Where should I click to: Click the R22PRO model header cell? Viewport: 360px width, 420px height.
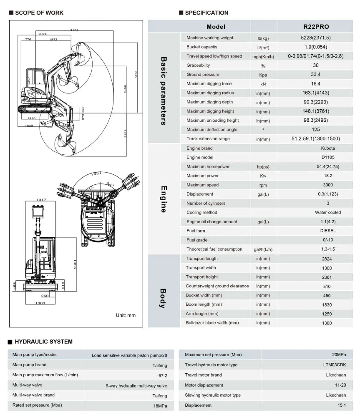point(315,27)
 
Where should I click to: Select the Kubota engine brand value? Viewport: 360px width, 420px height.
point(327,148)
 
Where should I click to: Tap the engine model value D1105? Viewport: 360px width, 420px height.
point(327,157)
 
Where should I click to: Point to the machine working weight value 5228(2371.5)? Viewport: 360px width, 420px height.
point(315,38)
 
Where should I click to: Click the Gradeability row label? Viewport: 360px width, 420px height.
point(198,65)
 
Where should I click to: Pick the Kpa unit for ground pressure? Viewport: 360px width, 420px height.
point(263,75)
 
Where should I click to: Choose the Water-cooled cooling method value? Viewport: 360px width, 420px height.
point(327,212)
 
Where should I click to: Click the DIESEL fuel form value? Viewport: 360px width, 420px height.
point(327,231)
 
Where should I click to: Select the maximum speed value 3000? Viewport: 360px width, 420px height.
point(327,185)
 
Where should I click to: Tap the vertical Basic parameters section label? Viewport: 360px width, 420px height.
point(164,91)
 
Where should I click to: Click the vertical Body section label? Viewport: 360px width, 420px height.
point(164,298)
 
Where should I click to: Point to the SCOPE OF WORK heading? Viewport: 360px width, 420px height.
point(39,13)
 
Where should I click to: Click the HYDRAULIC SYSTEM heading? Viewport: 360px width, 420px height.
point(43,342)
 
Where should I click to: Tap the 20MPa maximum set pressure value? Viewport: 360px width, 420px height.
point(339,355)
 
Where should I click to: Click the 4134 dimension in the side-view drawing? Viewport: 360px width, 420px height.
point(74,30)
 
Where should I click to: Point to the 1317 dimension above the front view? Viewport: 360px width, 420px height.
point(41,200)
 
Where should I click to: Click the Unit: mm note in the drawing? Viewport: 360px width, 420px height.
point(126,315)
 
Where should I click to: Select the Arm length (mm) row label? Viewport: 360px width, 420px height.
point(202,314)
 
